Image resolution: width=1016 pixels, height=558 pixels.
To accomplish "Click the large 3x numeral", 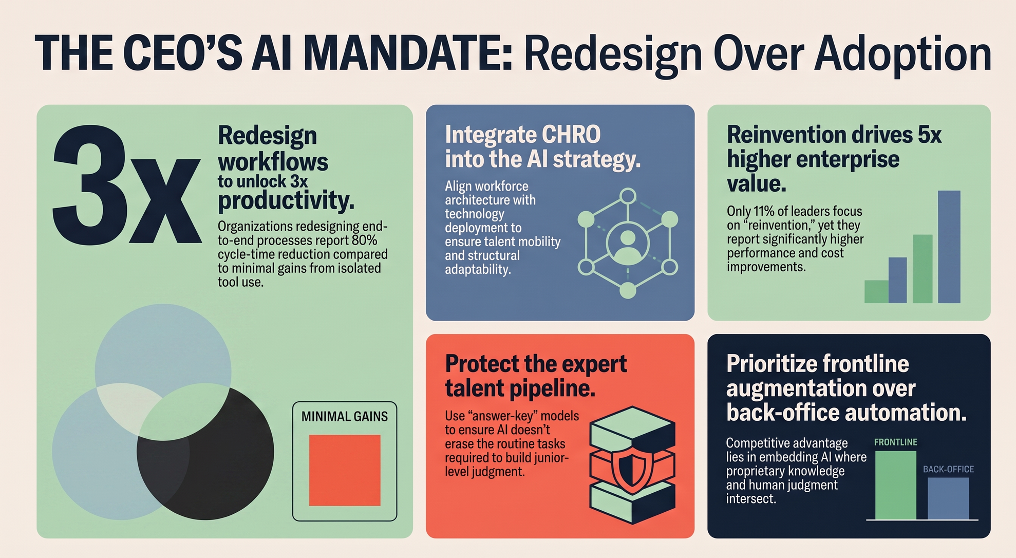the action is (x=126, y=185).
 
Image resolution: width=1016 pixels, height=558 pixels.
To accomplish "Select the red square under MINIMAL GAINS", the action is (x=345, y=470).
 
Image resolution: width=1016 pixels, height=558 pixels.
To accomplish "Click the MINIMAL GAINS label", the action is (x=345, y=416).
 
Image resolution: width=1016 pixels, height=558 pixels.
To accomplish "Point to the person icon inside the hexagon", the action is (x=628, y=244).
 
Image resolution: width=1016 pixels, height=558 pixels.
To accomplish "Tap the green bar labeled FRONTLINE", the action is (x=895, y=485).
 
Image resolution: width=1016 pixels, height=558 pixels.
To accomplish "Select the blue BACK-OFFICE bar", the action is (x=948, y=498).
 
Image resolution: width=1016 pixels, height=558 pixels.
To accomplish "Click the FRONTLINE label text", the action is (x=895, y=442).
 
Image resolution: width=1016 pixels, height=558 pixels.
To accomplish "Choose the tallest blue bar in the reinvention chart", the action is (x=949, y=247).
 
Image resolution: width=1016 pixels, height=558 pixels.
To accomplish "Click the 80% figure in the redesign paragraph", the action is (x=365, y=240).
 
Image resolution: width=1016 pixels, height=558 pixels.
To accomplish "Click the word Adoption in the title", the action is (x=903, y=53).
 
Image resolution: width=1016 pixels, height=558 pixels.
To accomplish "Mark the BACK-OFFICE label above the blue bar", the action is (x=948, y=469).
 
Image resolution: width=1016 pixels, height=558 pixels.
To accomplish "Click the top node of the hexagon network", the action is (x=628, y=196).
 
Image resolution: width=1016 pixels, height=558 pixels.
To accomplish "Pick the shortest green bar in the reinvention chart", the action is (x=876, y=291).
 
